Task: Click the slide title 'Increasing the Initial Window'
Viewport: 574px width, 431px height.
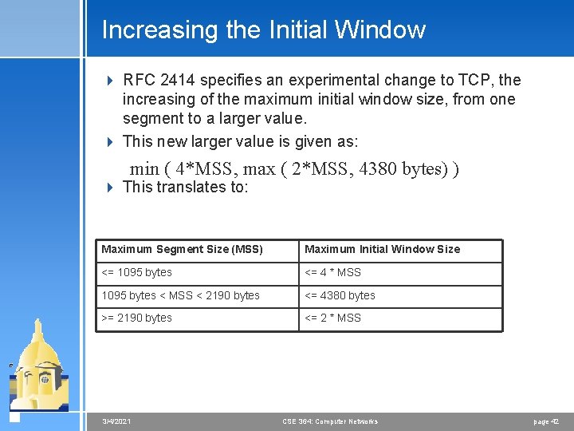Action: tap(263, 30)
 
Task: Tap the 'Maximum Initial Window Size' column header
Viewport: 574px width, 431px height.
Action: tap(382, 250)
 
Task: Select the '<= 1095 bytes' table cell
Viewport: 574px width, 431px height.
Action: tap(136, 273)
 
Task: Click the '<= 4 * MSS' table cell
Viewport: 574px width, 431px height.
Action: tap(332, 273)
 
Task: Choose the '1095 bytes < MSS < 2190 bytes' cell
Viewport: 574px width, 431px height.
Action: tap(180, 295)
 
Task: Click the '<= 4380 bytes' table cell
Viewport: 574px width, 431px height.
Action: tap(340, 295)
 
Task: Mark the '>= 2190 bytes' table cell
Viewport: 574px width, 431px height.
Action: tap(136, 318)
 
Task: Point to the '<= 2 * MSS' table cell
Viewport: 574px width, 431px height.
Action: tap(332, 318)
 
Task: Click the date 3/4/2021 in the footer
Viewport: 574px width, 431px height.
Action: tap(117, 421)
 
